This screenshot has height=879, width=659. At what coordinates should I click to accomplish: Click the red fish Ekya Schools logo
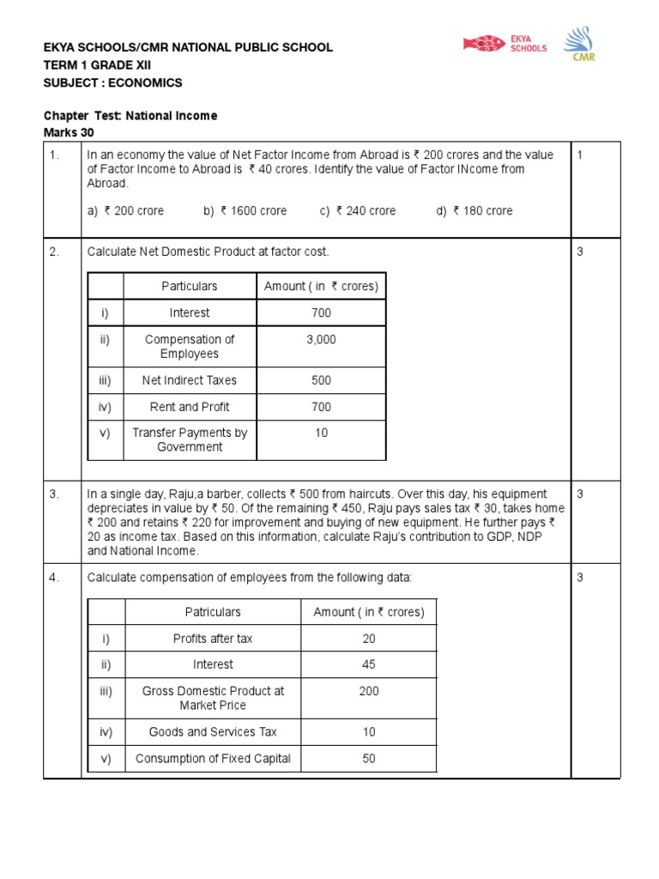(485, 43)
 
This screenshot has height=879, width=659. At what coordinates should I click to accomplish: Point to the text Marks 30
(69, 132)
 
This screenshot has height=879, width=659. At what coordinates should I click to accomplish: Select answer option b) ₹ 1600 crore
(245, 210)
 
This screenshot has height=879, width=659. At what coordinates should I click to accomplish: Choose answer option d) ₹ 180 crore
(475, 210)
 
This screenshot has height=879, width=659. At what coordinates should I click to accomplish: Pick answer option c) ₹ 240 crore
(358, 210)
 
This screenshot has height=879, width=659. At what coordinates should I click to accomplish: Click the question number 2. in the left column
(54, 252)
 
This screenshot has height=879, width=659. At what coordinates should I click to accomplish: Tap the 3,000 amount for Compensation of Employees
(321, 340)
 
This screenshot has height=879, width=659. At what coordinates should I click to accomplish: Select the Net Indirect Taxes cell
(190, 380)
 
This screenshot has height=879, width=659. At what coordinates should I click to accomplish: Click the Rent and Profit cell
(190, 407)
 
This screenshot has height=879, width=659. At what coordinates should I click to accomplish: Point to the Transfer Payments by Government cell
(190, 439)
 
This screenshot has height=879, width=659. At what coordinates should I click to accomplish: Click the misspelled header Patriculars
(213, 612)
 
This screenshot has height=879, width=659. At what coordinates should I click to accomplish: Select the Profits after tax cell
(213, 639)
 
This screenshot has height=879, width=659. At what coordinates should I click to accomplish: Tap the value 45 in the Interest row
(369, 664)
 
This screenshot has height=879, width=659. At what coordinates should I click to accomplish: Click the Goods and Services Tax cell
(213, 732)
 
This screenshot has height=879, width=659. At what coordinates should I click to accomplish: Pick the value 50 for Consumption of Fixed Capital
(369, 758)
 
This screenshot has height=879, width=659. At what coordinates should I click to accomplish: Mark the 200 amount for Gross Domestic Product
(369, 691)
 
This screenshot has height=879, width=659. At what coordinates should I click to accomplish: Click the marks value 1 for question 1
(580, 155)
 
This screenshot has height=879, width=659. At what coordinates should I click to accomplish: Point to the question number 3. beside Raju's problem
(54, 494)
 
